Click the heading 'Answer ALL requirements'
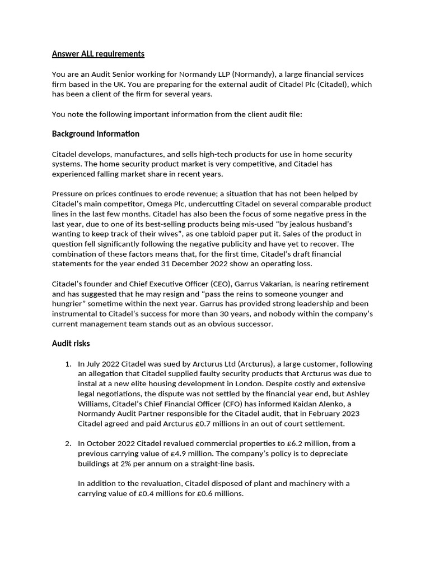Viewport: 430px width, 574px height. tap(98, 54)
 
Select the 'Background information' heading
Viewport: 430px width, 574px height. tap(95, 134)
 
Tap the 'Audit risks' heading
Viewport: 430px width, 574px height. tap(71, 343)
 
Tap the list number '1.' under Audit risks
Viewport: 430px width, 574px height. tap(68, 364)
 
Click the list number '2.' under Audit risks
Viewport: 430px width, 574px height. tap(68, 443)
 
